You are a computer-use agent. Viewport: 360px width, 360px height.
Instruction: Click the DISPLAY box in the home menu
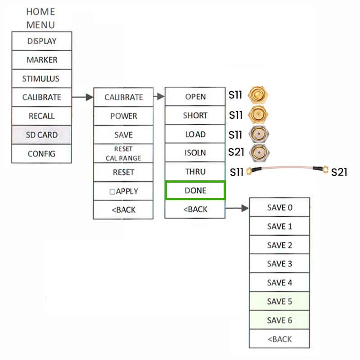[x=41, y=41]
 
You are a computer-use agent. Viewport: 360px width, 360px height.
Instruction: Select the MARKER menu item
[x=41, y=60]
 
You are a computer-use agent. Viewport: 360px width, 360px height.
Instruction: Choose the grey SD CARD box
[x=41, y=135]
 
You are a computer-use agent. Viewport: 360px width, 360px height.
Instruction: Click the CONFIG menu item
[x=41, y=153]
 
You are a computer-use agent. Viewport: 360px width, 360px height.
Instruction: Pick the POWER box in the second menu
[x=123, y=116]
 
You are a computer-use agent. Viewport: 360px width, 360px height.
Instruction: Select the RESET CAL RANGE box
[x=123, y=153]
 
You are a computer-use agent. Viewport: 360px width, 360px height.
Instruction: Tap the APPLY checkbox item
[x=123, y=191]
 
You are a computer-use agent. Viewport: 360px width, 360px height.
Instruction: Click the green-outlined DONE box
[x=195, y=190]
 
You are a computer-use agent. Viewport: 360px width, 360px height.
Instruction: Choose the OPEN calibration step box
[x=195, y=97]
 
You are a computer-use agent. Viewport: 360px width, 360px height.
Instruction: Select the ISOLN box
[x=195, y=153]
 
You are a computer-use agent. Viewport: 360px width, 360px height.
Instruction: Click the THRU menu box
[x=195, y=172]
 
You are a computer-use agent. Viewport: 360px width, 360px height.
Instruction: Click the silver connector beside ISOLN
[x=258, y=152]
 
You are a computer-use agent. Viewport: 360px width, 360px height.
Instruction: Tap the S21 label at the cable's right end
[x=339, y=172]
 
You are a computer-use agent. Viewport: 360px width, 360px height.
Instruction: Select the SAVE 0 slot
[x=279, y=207]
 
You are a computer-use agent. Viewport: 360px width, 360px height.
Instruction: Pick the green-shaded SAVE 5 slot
[x=279, y=301]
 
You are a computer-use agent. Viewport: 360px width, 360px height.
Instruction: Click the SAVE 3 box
[x=279, y=264]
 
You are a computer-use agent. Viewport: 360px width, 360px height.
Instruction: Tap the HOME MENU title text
[x=40, y=18]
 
